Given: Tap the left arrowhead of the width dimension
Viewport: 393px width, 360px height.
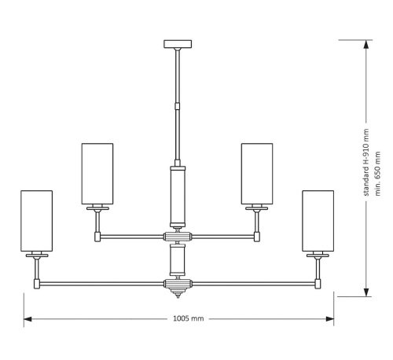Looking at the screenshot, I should pyautogui.click(x=26, y=319).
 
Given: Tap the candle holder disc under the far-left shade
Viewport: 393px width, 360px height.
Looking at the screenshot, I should pyautogui.click(x=36, y=255).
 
